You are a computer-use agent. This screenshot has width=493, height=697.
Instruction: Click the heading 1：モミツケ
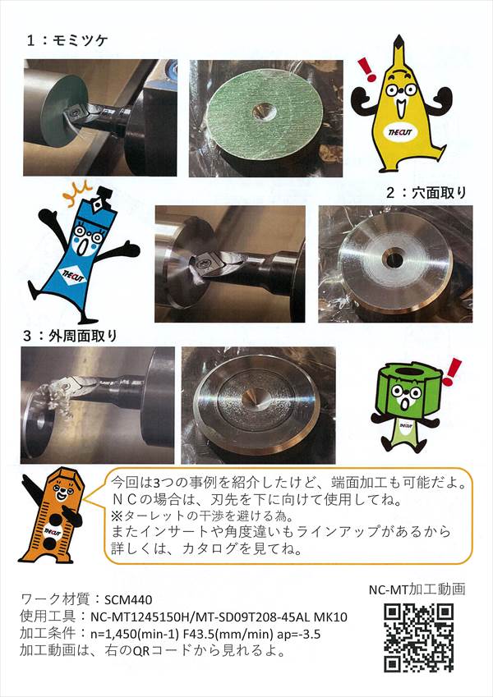[x=67, y=40]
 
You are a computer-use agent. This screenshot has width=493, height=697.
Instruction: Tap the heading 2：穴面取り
[x=426, y=192]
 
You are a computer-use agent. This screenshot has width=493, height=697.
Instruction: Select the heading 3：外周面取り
[x=70, y=336]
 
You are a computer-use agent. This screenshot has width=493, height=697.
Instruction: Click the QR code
[x=419, y=637]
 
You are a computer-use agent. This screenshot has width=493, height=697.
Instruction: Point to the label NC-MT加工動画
[x=417, y=589]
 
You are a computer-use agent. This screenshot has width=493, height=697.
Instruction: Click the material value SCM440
[x=128, y=599]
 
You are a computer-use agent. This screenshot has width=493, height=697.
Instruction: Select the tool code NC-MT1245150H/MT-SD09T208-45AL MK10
[x=219, y=617]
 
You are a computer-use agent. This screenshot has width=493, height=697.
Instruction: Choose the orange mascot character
[x=53, y=515]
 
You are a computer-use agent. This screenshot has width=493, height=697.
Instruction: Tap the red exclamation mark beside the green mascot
[x=453, y=372]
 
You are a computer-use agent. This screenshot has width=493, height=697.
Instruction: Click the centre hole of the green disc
[x=264, y=112]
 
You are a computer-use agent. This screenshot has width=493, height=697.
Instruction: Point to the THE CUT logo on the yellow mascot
[x=400, y=131]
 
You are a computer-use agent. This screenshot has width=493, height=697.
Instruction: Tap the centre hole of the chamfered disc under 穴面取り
[x=394, y=260]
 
